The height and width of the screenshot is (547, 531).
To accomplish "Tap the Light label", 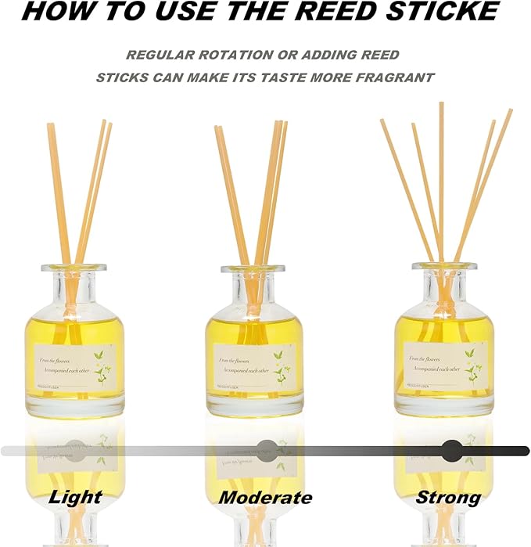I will click(75, 497).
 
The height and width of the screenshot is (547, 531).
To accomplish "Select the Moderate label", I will click(265, 498).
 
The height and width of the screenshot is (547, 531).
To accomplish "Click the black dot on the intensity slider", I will click(451, 450).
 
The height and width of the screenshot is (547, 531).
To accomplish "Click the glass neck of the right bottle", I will click(444, 282).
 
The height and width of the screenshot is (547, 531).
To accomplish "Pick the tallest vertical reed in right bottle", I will click(441, 172).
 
